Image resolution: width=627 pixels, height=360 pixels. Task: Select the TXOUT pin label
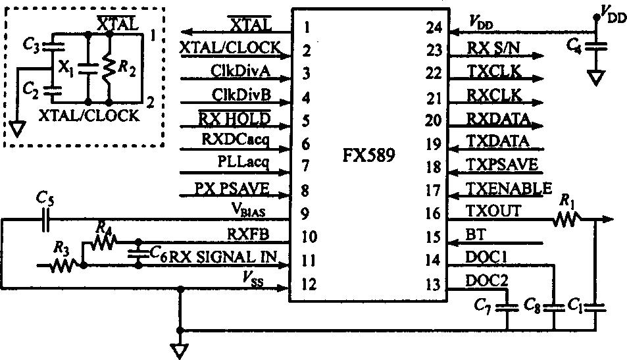[493, 211]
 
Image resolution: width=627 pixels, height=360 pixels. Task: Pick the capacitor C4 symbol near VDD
[597, 46]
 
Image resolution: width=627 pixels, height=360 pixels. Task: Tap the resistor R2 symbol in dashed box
[109, 67]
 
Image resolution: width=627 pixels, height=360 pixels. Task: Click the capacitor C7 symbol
[507, 306]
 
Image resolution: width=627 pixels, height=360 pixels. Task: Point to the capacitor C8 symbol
[555, 306]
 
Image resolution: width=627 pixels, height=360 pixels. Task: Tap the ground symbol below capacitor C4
[597, 78]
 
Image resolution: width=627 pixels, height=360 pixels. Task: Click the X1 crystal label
[65, 67]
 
